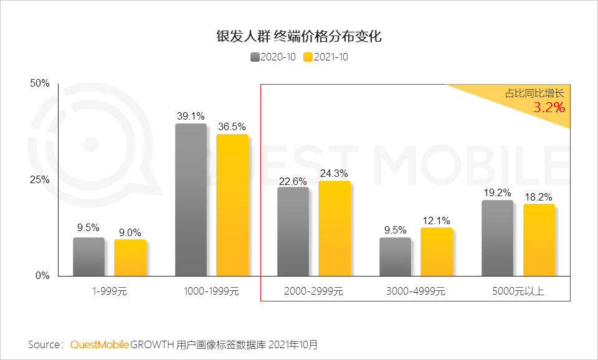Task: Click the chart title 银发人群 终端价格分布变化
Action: click(x=298, y=36)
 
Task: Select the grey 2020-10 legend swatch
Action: click(x=255, y=57)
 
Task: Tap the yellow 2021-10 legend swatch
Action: click(x=308, y=57)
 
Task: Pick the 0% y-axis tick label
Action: click(x=42, y=276)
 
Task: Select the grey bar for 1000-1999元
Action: click(x=191, y=199)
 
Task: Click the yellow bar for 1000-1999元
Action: click(x=232, y=205)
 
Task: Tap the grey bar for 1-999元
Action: click(x=88, y=257)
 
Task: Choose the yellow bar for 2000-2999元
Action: click(x=334, y=229)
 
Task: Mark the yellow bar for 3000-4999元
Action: click(x=436, y=252)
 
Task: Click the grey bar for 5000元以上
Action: click(x=497, y=238)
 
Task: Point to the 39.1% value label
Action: click(x=191, y=116)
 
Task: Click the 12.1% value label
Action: click(x=436, y=220)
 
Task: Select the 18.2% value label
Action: click(x=538, y=197)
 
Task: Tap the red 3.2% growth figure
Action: click(x=549, y=108)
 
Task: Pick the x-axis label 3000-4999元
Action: click(x=415, y=291)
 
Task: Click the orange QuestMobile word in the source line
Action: click(x=99, y=344)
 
